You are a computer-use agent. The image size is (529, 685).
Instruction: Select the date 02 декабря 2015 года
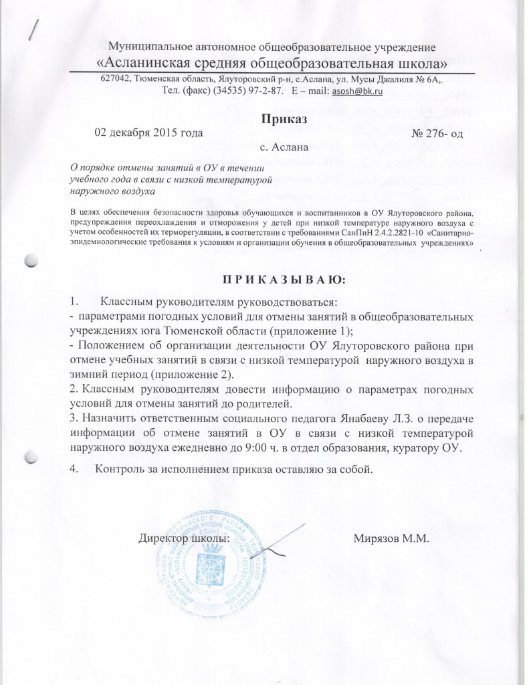point(148,132)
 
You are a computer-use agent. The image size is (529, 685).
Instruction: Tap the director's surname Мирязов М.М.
point(394,538)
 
